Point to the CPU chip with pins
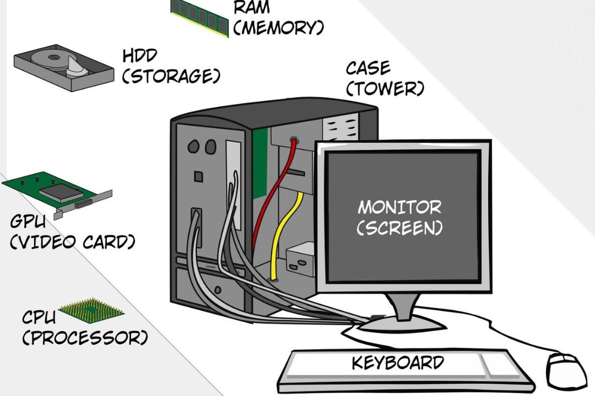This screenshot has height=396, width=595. click(91, 311)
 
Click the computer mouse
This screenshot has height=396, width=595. click(566, 369)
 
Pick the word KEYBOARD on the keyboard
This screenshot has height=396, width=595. click(398, 363)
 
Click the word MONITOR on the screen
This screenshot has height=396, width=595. click(399, 207)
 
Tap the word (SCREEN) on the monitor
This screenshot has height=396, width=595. click(399, 228)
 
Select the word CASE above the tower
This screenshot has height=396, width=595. click(368, 69)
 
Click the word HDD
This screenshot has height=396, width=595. click(140, 56)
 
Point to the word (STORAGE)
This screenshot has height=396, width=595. click(171, 76)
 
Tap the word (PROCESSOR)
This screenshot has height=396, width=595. click(85, 337)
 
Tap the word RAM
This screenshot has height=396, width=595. click(252, 8)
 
